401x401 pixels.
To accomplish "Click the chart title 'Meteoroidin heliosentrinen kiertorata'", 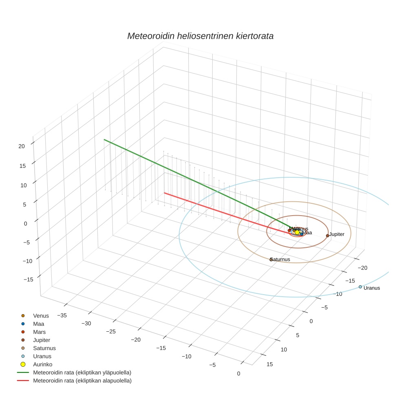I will (x=200, y=36).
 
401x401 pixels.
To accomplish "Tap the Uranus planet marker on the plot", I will (x=360, y=287).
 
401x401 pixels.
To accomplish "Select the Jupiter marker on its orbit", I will (x=327, y=236).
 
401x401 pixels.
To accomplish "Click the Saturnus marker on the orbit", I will (x=271, y=259).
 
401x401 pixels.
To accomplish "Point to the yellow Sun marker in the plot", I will (x=297, y=232).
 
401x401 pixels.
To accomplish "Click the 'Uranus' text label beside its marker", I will (x=372, y=288).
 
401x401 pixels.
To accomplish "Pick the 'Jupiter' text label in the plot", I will (x=337, y=234).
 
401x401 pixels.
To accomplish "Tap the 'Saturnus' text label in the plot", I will (x=280, y=259).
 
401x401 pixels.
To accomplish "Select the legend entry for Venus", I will (x=41, y=316).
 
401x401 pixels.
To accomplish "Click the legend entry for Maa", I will (x=39, y=324).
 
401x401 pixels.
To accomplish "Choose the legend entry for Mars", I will (x=39, y=332).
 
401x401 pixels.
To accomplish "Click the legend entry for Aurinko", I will (x=42, y=364).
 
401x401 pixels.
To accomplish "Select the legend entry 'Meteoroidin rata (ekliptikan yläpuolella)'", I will (x=82, y=372).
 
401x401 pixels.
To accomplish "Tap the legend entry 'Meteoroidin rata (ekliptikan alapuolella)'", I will (x=82, y=381).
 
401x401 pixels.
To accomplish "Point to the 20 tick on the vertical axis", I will (x=22, y=146).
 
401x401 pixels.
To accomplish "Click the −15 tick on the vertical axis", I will (x=28, y=279).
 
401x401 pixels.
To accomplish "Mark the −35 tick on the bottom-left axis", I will (x=62, y=315).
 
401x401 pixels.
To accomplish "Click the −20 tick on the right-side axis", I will (x=362, y=268).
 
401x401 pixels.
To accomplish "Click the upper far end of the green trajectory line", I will (x=104, y=140).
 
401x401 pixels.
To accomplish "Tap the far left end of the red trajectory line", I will (x=164, y=193).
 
